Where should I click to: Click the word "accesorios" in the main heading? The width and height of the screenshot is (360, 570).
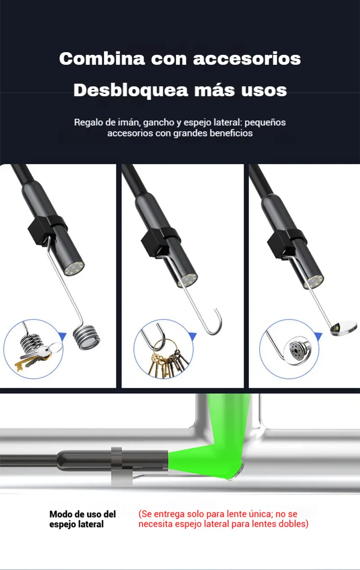[247, 59]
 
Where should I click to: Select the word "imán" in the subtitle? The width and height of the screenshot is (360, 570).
[129, 122]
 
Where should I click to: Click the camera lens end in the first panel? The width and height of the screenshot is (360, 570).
[74, 268]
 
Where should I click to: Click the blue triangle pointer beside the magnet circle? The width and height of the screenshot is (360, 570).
[63, 336]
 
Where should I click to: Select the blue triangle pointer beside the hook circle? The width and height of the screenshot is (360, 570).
[193, 336]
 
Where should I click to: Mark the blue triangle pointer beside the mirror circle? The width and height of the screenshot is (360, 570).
[319, 336]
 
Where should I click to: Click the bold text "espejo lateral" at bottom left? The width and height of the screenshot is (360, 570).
[76, 525]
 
